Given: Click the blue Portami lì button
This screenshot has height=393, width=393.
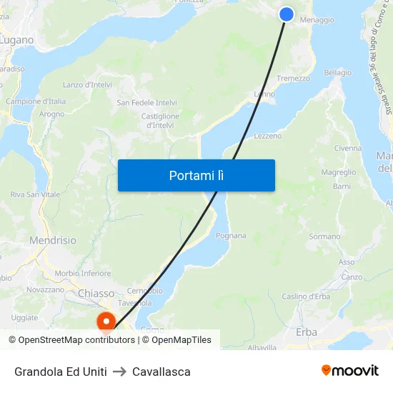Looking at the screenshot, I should point(196,175).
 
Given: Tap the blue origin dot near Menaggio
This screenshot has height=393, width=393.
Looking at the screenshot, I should point(286,14).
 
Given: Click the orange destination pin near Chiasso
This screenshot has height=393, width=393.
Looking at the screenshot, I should point(106,322).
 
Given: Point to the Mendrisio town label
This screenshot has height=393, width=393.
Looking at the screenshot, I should point(52,241).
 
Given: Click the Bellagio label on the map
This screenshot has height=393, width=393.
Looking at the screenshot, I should point(337,73).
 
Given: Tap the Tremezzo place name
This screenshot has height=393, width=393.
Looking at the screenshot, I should point(293,79).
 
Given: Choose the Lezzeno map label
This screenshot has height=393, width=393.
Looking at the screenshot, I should point(267,136).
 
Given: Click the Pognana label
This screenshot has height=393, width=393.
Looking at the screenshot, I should point(231,236).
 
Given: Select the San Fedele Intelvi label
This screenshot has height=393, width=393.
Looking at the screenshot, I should point(147,103).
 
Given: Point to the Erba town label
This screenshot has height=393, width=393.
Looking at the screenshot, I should point(306,332).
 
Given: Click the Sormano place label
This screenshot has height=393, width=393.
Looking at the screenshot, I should point(324,237).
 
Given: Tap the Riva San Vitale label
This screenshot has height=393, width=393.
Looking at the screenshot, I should point(35,194).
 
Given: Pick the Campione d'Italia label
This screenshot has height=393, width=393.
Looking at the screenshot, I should point(36,101).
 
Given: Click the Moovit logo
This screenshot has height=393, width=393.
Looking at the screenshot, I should point(350,370).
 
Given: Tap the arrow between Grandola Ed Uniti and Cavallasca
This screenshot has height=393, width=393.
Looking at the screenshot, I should point(119,372).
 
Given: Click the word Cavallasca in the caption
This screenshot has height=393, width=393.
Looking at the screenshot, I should point(161,372).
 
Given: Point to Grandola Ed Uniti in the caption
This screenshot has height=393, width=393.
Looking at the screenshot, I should point(61,372).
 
